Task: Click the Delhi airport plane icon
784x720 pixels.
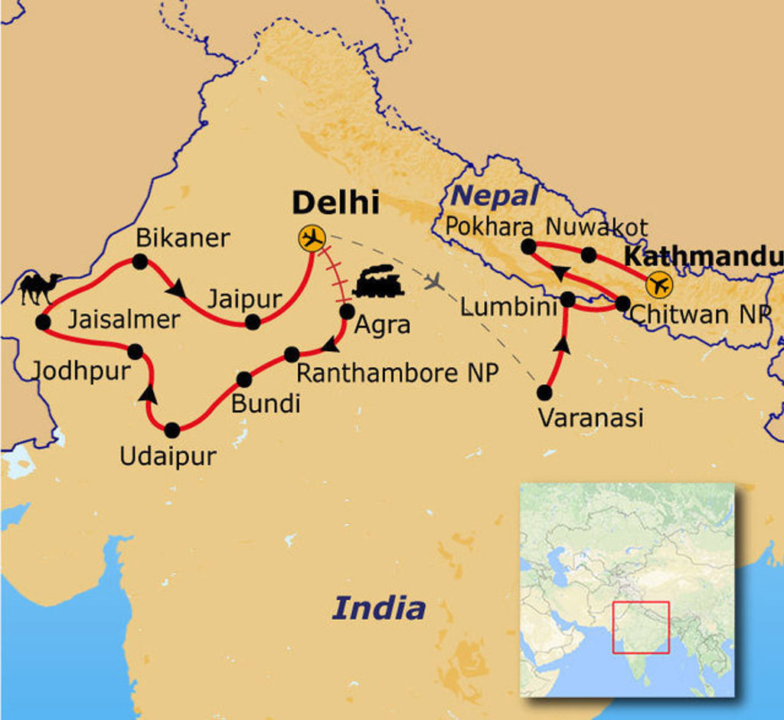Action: pos(312,239)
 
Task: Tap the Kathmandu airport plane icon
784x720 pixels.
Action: pos(658,285)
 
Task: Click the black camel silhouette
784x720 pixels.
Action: pos(40,288)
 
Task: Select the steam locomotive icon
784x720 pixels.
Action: pos(378,282)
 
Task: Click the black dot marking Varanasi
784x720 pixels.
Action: pos(544,393)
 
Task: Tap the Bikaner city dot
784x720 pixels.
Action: pos(140,262)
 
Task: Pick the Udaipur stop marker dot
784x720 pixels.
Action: pos(171,429)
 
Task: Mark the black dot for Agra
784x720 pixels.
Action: pos(347,311)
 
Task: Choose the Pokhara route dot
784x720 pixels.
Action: pos(528,246)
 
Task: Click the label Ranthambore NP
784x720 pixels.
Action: pos(397,373)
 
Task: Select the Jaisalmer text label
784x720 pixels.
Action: pos(123,319)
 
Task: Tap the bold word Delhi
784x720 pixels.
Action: pos(336,203)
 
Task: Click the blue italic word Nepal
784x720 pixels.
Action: pos(494,196)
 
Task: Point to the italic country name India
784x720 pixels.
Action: pos(378,608)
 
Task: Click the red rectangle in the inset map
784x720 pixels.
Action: pos(641,627)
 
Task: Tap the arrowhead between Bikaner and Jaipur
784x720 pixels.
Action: pos(177,288)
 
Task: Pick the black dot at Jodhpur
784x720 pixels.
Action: pos(135,351)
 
